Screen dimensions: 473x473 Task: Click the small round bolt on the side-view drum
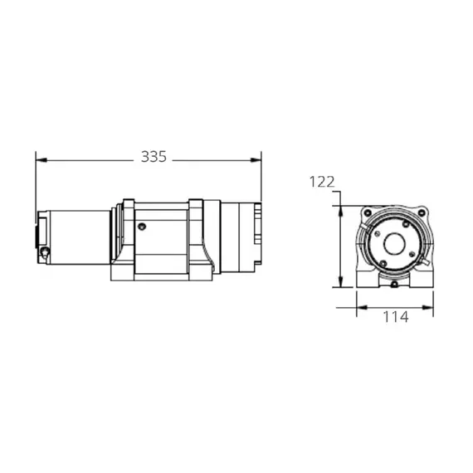pos(143,226)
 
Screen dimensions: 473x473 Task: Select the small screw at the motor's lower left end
pos(45,248)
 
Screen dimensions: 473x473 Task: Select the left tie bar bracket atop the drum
pos(127,204)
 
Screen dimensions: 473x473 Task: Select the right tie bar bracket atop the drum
pos(196,204)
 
